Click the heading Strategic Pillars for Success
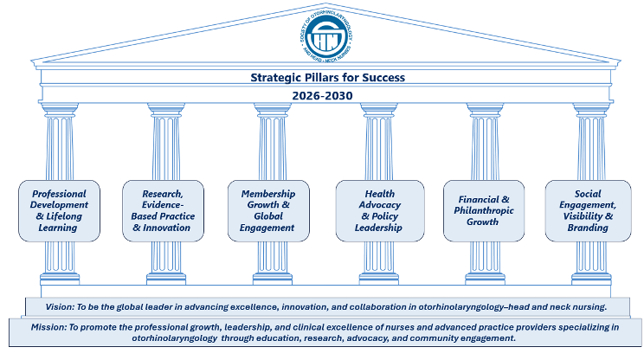322,78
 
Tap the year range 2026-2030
322,95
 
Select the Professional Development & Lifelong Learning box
59,210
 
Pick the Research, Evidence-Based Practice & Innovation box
164,210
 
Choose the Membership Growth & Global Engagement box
268,210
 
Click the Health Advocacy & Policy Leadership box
380,210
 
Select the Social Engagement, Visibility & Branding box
588,210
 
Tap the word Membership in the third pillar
268,194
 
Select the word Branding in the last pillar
588,228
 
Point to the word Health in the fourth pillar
380,194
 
